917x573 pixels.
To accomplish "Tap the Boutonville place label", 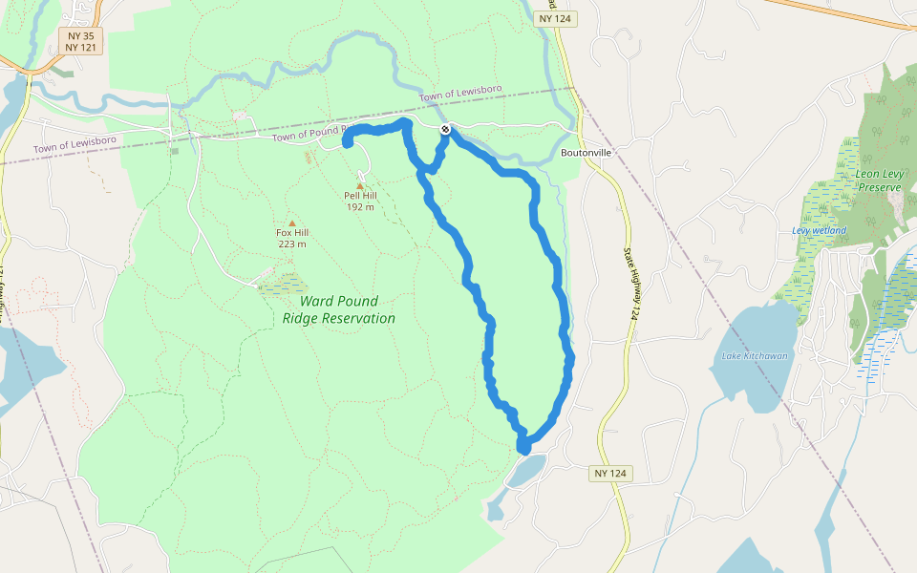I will pos(586,153).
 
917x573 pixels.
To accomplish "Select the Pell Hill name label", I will pos(360,196).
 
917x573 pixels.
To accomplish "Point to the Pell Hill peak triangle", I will pos(360,185).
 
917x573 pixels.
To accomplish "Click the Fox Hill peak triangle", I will pos(292,223).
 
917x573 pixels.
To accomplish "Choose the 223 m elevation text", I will pos(292,244).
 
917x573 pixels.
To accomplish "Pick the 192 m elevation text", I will pos(360,207).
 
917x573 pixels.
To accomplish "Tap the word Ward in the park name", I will pos(318,302).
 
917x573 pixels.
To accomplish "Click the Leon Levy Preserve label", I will pos(879,180).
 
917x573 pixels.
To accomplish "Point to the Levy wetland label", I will pos(820,230).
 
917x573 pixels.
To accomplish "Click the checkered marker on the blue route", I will pos(445,129).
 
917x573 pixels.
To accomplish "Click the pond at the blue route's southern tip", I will pos(527,469).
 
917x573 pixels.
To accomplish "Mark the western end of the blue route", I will pos(346,144).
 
